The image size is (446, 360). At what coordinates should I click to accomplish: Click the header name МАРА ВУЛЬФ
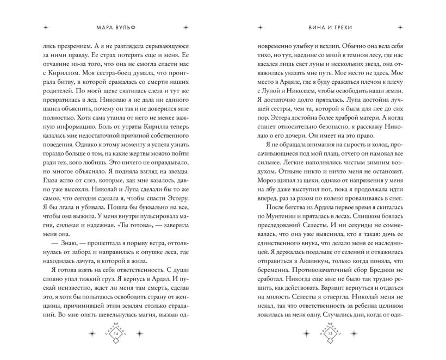point(114,26)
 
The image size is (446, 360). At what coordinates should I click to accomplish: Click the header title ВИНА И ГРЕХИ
point(331,26)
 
